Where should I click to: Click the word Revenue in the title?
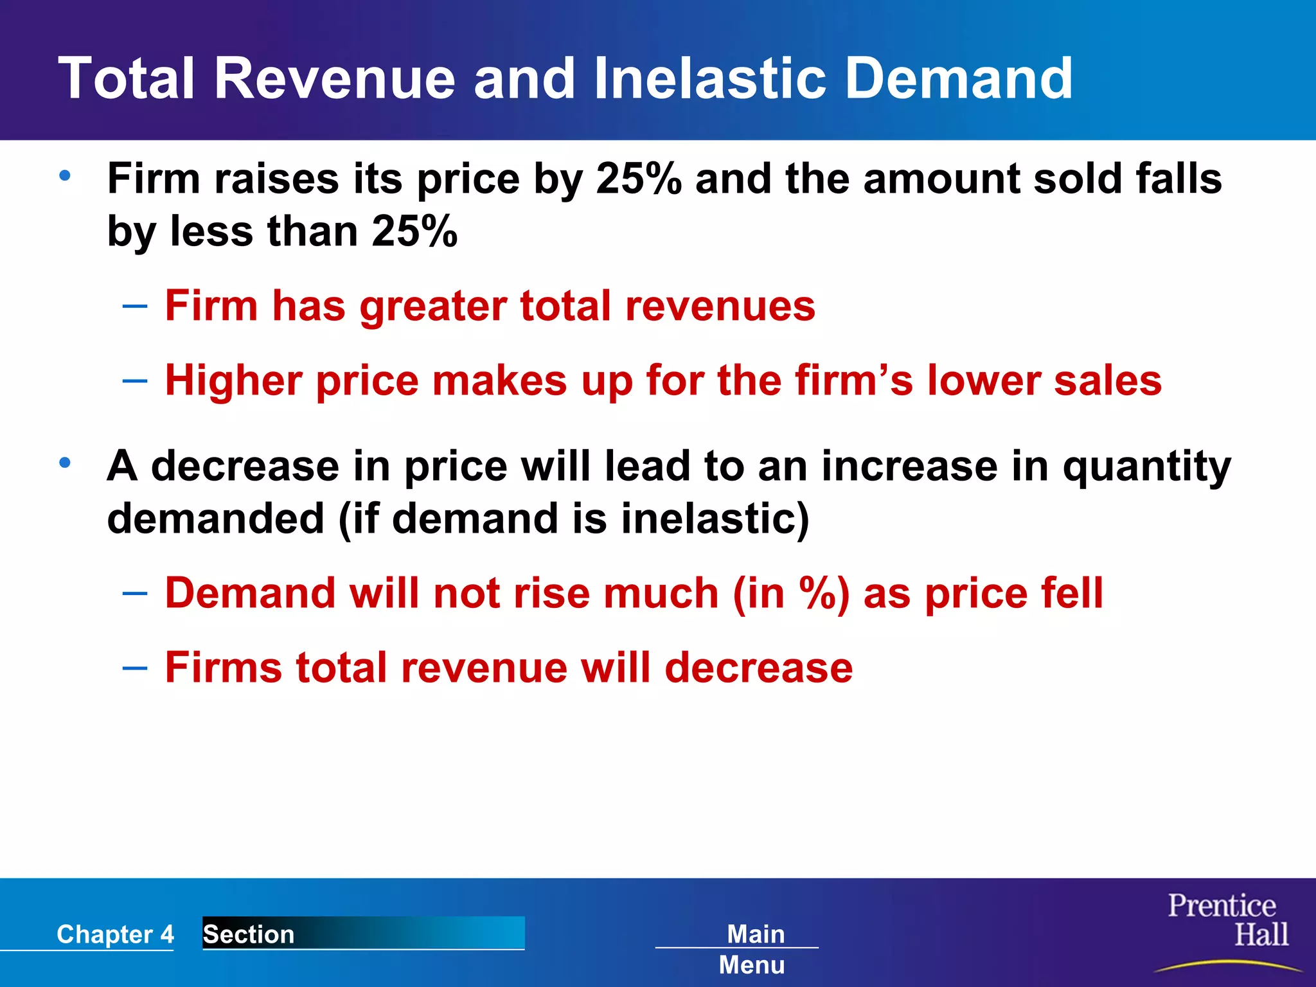coord(334,78)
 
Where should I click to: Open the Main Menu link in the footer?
coord(753,948)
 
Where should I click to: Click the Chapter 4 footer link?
coord(115,934)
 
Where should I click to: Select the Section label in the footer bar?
coord(249,934)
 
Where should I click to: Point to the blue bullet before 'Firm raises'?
coord(65,175)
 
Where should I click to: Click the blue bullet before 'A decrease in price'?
coord(65,463)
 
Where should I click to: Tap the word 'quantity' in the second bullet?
coord(1146,467)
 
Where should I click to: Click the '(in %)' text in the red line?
coord(791,593)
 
